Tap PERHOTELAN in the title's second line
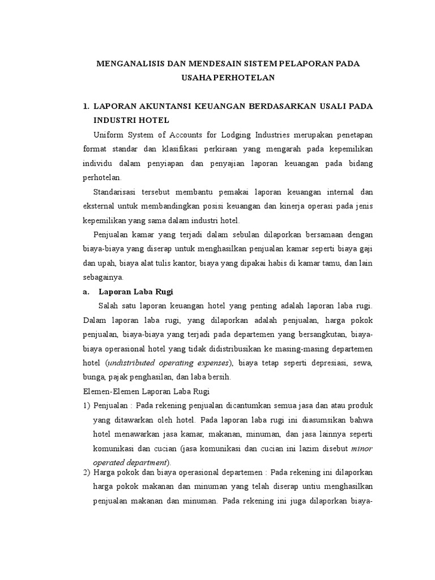pyautogui.click(x=245, y=78)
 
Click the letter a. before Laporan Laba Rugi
pyautogui.click(x=86, y=292)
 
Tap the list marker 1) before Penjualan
pyautogui.click(x=86, y=406)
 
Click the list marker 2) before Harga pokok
pyautogui.click(x=86, y=472)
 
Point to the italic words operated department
pyautogui.click(x=121, y=461)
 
